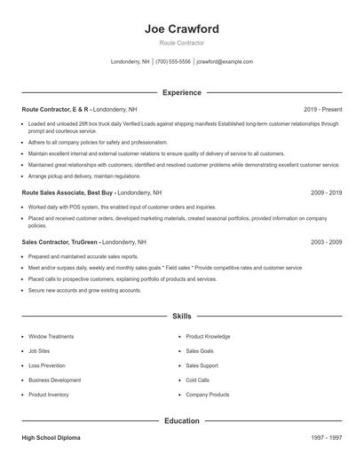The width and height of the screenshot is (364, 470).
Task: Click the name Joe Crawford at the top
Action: [x=181, y=29]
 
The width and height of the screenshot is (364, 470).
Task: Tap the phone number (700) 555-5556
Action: [x=173, y=62]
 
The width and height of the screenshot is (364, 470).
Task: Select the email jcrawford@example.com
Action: [x=225, y=62]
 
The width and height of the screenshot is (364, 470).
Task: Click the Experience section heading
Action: [x=181, y=92]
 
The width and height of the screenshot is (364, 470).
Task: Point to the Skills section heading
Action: [x=181, y=315]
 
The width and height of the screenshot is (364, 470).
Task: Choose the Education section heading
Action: [x=181, y=420]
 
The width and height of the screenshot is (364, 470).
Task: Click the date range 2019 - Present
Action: [x=322, y=109]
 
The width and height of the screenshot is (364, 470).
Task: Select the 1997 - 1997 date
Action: [x=326, y=438]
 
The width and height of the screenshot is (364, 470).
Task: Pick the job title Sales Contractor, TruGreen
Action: [x=59, y=241]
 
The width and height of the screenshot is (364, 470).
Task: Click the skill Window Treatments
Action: [x=51, y=337]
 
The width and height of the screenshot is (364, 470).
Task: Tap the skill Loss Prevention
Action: [x=46, y=365]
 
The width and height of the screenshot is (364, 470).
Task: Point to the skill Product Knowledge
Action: [x=208, y=337]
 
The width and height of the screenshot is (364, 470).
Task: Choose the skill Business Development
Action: [x=54, y=380]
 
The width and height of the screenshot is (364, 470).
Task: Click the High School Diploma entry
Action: [x=51, y=438]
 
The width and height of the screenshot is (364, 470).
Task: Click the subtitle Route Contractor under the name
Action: [x=181, y=43]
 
